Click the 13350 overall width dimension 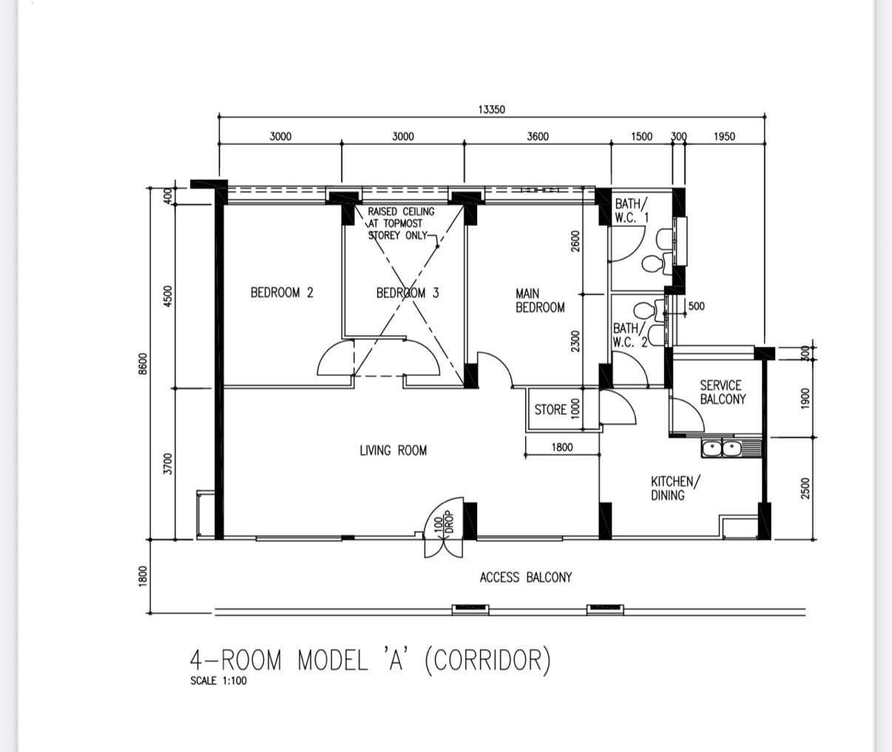point(491,109)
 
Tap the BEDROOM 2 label point(282,293)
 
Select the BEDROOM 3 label point(408,293)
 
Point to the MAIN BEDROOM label point(540,301)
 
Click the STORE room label point(550,410)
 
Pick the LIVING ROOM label point(393,450)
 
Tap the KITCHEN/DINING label point(675,488)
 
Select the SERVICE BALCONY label point(723,392)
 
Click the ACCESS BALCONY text point(525,577)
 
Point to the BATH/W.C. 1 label point(632,211)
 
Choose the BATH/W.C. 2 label point(630,335)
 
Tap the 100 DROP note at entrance point(444,523)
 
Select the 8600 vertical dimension point(143,364)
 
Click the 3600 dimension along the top point(538,137)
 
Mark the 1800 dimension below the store point(562,447)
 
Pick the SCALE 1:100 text point(218,681)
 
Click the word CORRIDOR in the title point(488,660)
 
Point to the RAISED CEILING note point(401,223)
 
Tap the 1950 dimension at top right point(724,137)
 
